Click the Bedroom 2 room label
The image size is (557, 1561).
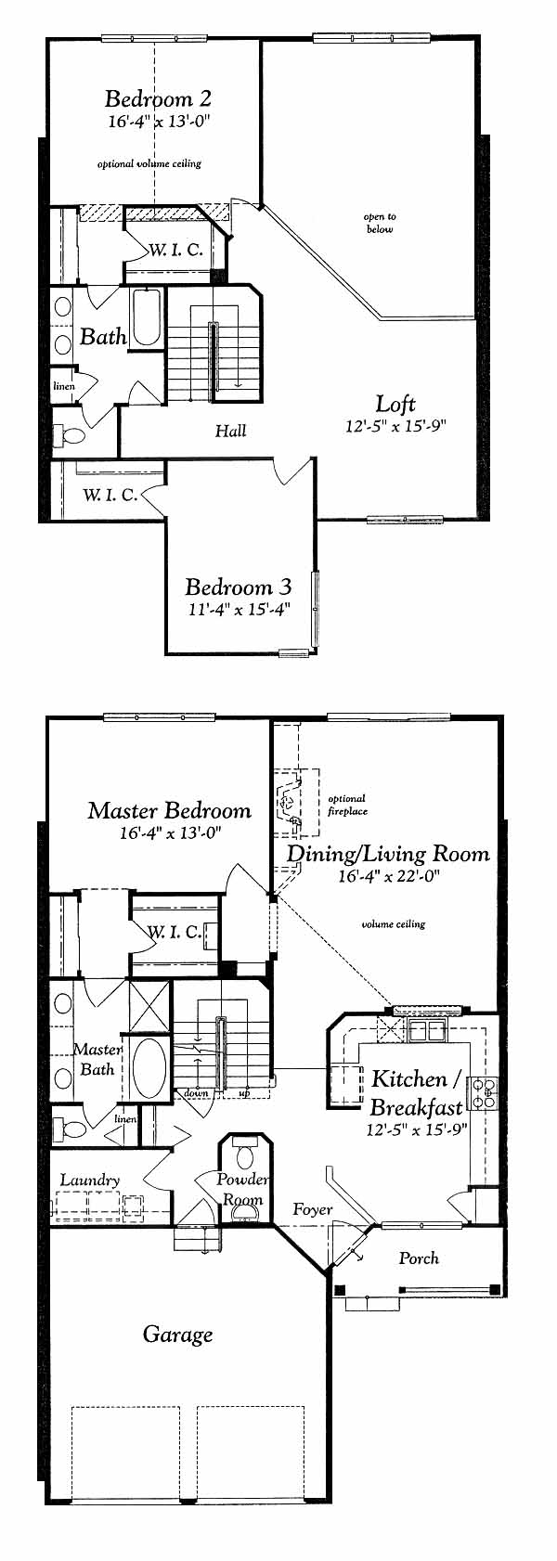[158, 98]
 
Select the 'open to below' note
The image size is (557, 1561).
[380, 223]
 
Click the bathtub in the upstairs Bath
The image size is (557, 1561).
[147, 317]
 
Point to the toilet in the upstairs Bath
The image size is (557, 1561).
[70, 435]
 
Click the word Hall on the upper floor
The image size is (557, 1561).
[231, 431]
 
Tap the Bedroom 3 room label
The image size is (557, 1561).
[239, 587]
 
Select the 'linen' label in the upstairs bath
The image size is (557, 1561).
[64, 386]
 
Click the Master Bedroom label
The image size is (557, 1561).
[169, 810]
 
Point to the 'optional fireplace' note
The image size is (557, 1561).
[347, 805]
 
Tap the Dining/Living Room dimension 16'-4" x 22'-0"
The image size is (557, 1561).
[389, 876]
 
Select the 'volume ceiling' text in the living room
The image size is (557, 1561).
[394, 924]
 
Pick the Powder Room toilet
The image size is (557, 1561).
[245, 1156]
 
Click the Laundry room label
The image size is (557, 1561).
[90, 1180]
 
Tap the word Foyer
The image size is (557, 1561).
[312, 1209]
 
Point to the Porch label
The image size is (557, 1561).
[419, 1258]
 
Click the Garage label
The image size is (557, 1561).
[177, 1335]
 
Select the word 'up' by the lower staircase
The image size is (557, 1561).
[244, 1092]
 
